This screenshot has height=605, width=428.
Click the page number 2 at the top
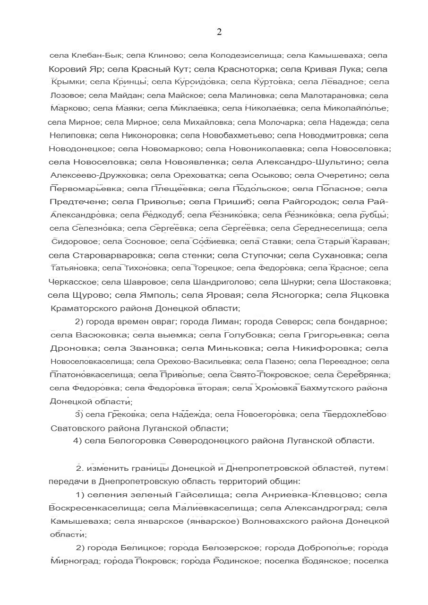(219, 32)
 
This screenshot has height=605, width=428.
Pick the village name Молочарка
(277, 122)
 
